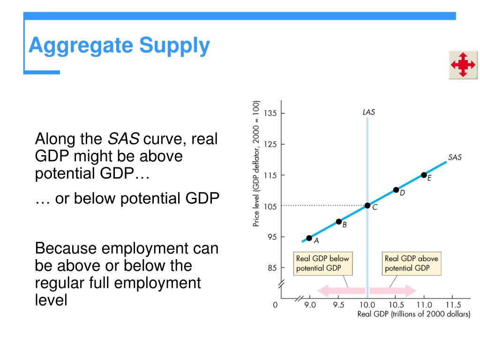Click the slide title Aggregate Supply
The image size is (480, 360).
(119, 46)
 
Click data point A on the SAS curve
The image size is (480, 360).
(309, 238)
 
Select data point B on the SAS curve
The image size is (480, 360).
(338, 221)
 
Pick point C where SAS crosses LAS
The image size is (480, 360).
(367, 205)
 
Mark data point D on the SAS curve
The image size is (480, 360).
(396, 190)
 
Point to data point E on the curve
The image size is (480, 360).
(424, 175)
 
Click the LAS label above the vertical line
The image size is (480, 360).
(368, 112)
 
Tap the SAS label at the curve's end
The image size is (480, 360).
(454, 157)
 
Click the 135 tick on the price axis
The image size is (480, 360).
(270, 113)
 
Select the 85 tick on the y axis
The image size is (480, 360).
(272, 268)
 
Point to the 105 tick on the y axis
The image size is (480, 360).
(270, 206)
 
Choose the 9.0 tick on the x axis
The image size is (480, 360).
(310, 305)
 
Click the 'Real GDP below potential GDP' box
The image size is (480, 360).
(322, 263)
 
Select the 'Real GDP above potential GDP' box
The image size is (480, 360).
(411, 263)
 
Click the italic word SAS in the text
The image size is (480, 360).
(124, 139)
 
